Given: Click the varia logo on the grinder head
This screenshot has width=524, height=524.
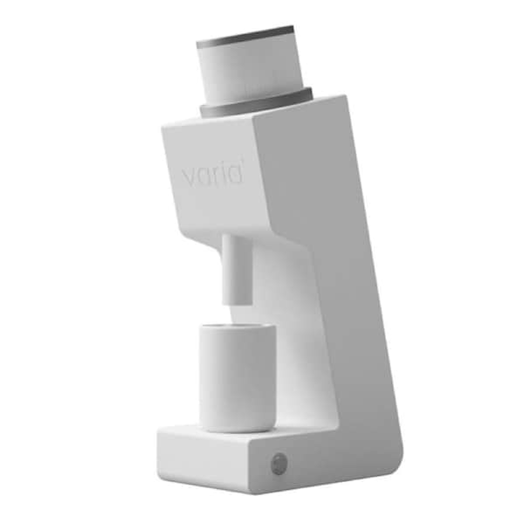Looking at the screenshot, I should (212, 175).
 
